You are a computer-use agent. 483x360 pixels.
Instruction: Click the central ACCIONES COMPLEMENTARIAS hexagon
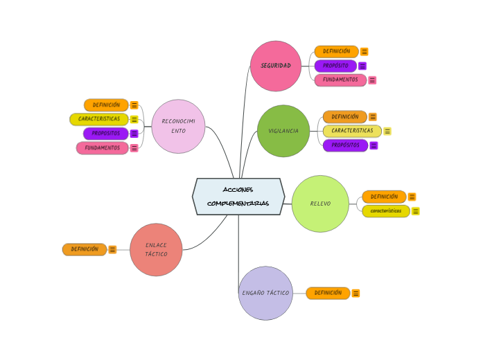tap(238, 197)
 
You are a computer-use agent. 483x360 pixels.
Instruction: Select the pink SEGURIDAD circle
tap(276, 66)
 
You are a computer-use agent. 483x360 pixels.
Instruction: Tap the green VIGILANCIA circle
tap(283, 131)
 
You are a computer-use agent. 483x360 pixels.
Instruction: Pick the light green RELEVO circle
tap(320, 204)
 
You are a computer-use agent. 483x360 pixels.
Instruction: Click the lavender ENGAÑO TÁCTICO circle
tap(265, 293)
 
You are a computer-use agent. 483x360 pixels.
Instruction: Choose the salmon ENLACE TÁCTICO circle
tap(156, 250)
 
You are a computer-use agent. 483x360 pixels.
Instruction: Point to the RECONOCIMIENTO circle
tap(178, 126)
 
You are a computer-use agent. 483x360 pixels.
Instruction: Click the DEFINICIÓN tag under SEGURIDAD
tap(336, 51)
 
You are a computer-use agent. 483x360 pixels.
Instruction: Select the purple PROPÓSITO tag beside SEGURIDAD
tap(335, 66)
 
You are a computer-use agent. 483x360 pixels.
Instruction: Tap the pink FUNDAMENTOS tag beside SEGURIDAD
tap(340, 80)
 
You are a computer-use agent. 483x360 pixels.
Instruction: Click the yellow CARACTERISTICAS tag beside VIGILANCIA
tap(352, 131)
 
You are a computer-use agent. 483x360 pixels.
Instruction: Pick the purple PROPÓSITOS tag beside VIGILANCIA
tap(345, 145)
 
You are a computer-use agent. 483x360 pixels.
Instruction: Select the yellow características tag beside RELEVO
tap(385, 211)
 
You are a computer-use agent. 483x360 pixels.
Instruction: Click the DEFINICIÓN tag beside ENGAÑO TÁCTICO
tap(328, 293)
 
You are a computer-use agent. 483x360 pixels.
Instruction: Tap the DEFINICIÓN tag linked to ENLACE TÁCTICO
tap(85, 249)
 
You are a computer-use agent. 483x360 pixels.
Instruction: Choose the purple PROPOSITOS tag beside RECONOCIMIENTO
tap(106, 134)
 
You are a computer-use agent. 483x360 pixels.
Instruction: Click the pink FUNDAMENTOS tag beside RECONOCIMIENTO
tap(103, 147)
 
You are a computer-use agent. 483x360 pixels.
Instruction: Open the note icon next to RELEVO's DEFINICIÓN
tap(412, 197)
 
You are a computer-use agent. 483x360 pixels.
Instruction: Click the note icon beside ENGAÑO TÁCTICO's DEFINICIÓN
tap(356, 294)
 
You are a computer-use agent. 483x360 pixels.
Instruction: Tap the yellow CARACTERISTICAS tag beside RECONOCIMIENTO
tap(99, 119)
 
